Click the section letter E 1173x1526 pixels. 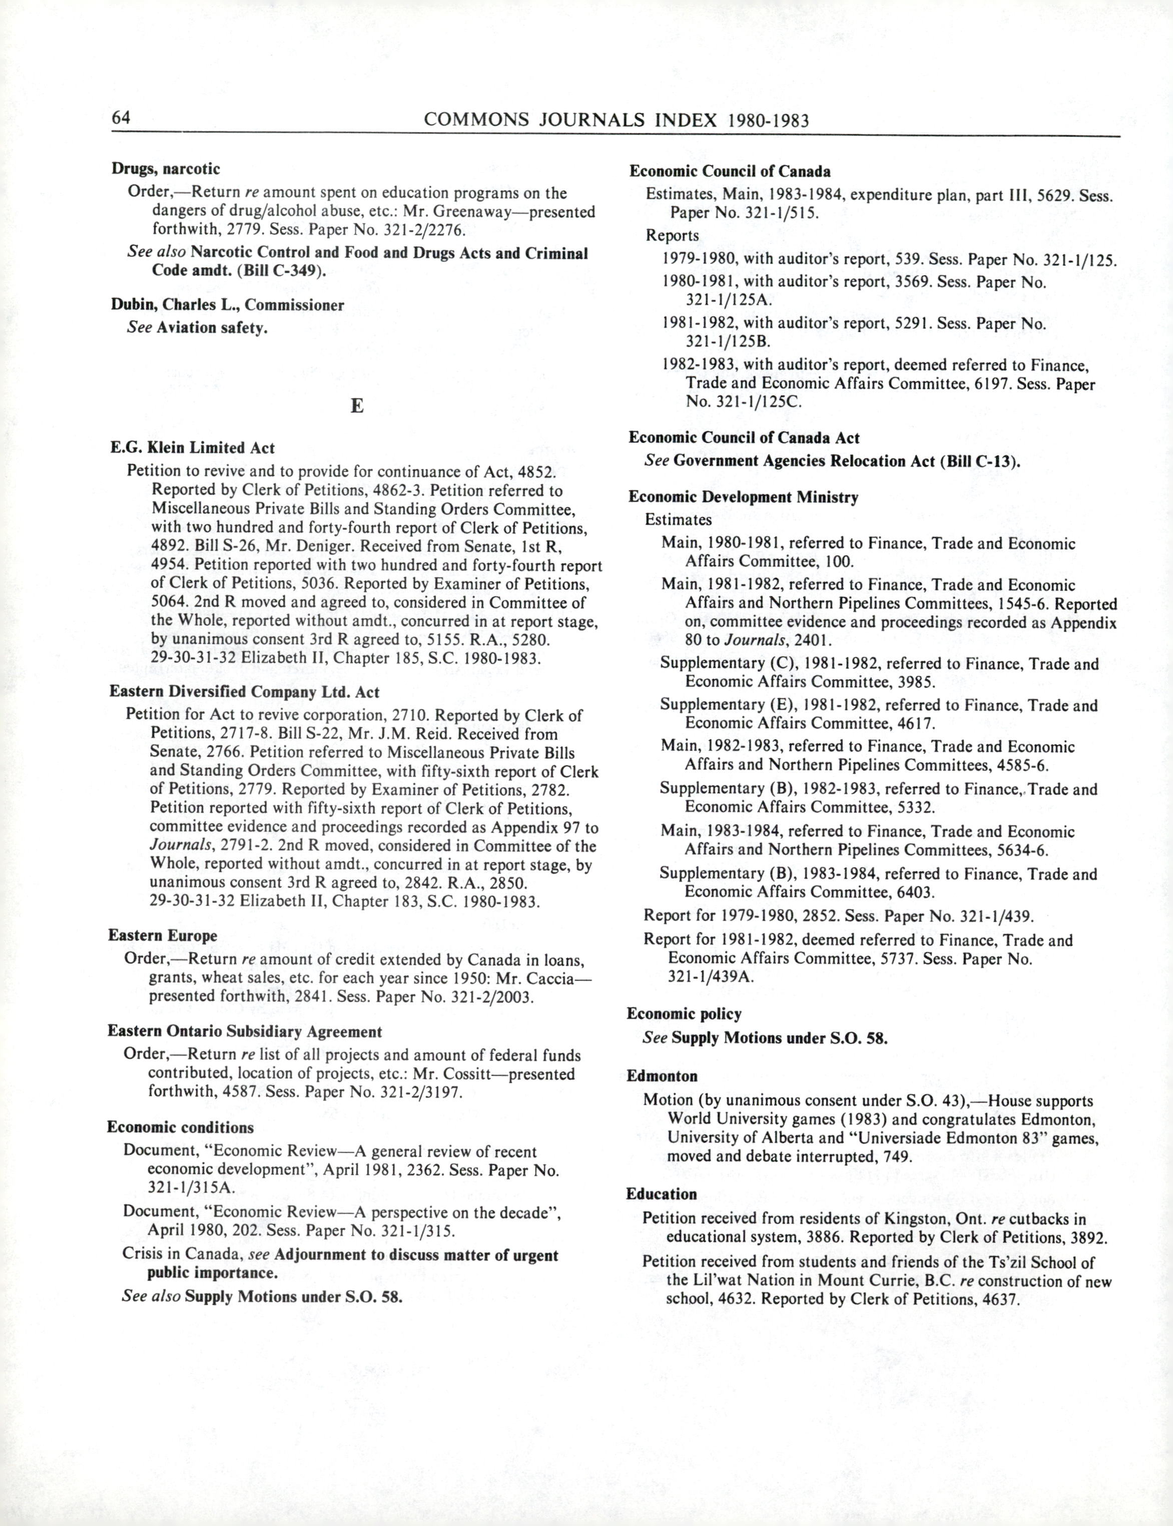(357, 406)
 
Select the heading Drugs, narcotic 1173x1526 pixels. (166, 169)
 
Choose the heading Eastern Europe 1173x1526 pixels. (163, 935)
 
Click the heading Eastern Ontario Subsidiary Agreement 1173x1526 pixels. (244, 1031)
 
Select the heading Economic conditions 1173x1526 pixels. (180, 1127)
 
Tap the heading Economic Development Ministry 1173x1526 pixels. (743, 497)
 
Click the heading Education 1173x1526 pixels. (661, 1194)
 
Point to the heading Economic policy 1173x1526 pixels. (684, 1013)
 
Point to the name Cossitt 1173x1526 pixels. (470, 1074)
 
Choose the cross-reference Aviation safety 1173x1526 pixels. (212, 327)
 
